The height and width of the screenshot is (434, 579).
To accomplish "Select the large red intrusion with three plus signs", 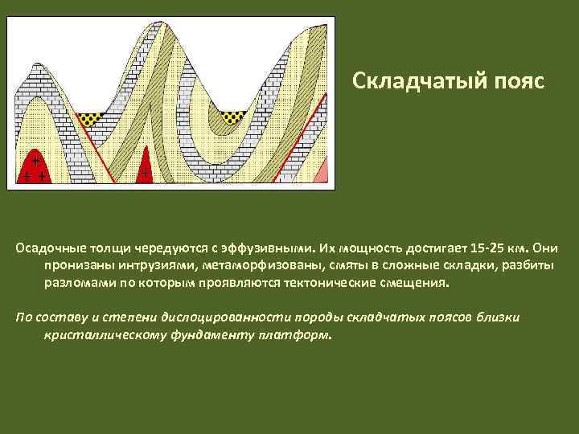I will [34, 169].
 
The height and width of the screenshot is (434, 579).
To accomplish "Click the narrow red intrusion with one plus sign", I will [146, 168].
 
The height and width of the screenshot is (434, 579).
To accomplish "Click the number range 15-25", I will [486, 248].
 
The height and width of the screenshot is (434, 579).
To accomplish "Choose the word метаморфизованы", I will [259, 265].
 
